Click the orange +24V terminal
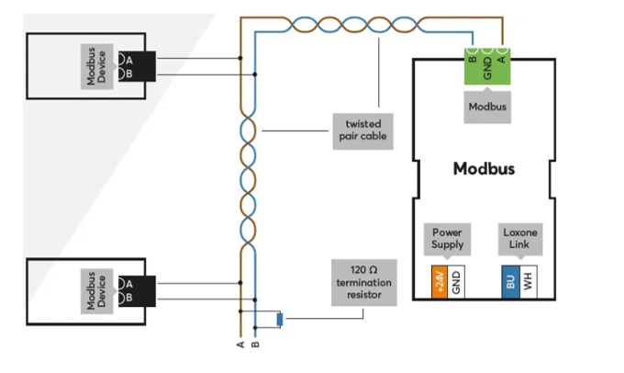tap(440, 282)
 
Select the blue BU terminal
tap(510, 282)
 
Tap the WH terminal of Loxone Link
tap(528, 282)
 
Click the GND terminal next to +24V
tap(456, 282)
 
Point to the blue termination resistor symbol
tap(280, 319)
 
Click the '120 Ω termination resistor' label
tap(363, 283)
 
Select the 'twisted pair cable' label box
tap(363, 131)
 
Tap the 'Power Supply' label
tap(447, 238)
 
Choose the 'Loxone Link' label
tap(520, 238)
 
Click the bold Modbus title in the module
tap(484, 168)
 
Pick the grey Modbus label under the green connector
tap(487, 107)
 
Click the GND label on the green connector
tap(487, 69)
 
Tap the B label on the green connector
tap(473, 59)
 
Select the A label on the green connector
tap(502, 59)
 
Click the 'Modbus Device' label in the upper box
tap(96, 66)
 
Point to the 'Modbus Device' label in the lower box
tap(96, 291)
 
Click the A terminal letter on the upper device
tap(129, 61)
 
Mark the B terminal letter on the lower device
tap(128, 298)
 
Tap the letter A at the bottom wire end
tap(240, 345)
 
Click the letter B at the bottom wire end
tap(255, 345)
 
